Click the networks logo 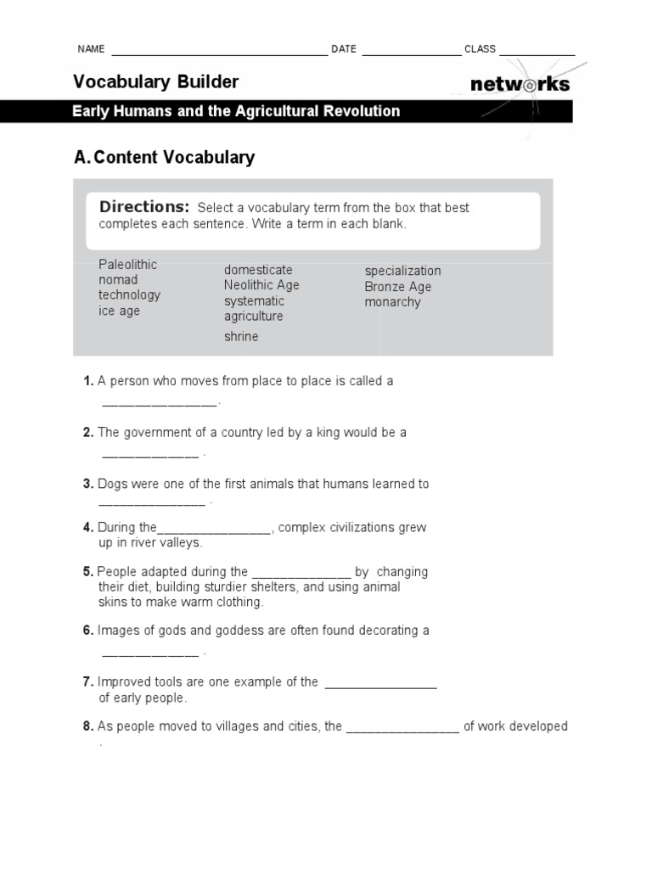[x=519, y=84]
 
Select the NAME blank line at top [x=218, y=52]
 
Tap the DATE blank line [x=411, y=52]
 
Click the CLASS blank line [x=537, y=52]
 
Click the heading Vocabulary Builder [x=155, y=82]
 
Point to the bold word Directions [x=144, y=207]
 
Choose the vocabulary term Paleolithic [x=127, y=264]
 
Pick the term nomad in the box [x=117, y=279]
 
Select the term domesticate [x=258, y=270]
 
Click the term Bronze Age [x=398, y=287]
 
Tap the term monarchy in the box [x=392, y=302]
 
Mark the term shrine [x=241, y=336]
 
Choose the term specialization [x=402, y=271]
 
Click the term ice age [x=119, y=311]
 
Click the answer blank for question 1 [x=160, y=404]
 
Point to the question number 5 [x=87, y=572]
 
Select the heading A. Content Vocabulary [x=165, y=157]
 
